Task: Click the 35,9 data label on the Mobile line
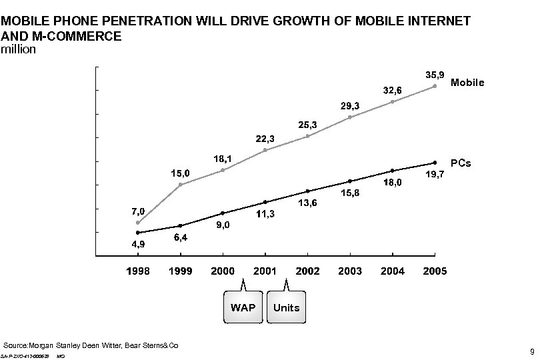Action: [x=435, y=73]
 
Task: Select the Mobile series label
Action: [x=467, y=83]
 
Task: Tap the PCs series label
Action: [x=461, y=163]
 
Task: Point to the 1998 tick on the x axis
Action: [x=138, y=271]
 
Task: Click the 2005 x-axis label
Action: [x=435, y=271]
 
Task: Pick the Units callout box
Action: [x=286, y=307]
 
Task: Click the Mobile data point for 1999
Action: [x=180, y=185]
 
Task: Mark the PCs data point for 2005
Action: [x=435, y=162]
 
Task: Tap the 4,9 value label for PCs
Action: [x=138, y=244]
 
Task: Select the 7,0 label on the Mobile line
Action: [x=137, y=211]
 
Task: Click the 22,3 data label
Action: [x=265, y=139]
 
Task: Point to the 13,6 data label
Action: [x=307, y=203]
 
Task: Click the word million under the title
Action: [x=19, y=50]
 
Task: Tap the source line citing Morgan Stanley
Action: [x=91, y=346]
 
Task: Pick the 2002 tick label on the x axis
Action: [x=307, y=271]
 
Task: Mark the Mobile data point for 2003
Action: [x=350, y=117]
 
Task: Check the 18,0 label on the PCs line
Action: [x=392, y=183]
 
